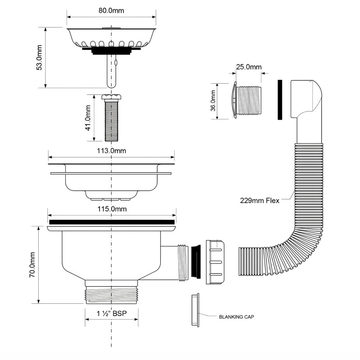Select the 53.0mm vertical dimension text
[x=39, y=57]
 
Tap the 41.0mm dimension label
[x=88, y=117]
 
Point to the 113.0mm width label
[x=112, y=151]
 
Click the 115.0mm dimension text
[x=112, y=209]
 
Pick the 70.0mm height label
[x=32, y=265]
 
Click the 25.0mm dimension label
[x=249, y=67]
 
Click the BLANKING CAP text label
[x=237, y=317]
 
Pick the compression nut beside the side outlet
[x=216, y=262]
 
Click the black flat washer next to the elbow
[x=280, y=100]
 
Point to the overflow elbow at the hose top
[x=308, y=99]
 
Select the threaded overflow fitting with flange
[x=247, y=100]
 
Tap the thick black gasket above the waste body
[x=112, y=222]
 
